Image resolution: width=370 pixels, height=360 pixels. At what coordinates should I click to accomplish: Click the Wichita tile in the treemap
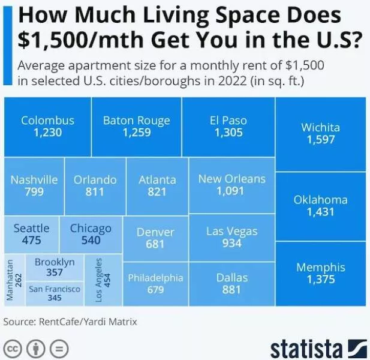pos(320,133)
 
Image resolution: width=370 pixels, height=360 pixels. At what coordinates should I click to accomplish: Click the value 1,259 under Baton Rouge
pos(136,133)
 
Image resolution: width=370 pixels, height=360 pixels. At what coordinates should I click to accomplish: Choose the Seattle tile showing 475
pos(32,234)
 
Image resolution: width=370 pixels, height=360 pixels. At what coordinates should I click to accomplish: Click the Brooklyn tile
pos(55,267)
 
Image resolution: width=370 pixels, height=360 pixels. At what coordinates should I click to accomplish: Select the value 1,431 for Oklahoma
pos(320,212)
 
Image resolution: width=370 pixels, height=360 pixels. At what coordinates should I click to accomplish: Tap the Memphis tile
pos(320,274)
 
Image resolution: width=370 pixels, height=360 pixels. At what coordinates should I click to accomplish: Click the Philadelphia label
pos(155,278)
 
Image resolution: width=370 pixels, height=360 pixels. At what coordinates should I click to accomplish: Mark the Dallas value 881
pos(231,290)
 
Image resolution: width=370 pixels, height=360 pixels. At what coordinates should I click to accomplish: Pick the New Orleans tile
pos(231,185)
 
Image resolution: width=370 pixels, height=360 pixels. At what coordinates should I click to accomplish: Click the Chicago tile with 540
pos(91,234)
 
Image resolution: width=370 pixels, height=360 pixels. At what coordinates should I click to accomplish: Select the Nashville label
pos(34,179)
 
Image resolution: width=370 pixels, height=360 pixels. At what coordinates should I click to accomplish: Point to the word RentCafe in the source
pos(61,322)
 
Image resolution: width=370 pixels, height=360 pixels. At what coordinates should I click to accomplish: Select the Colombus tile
pos(47,126)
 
